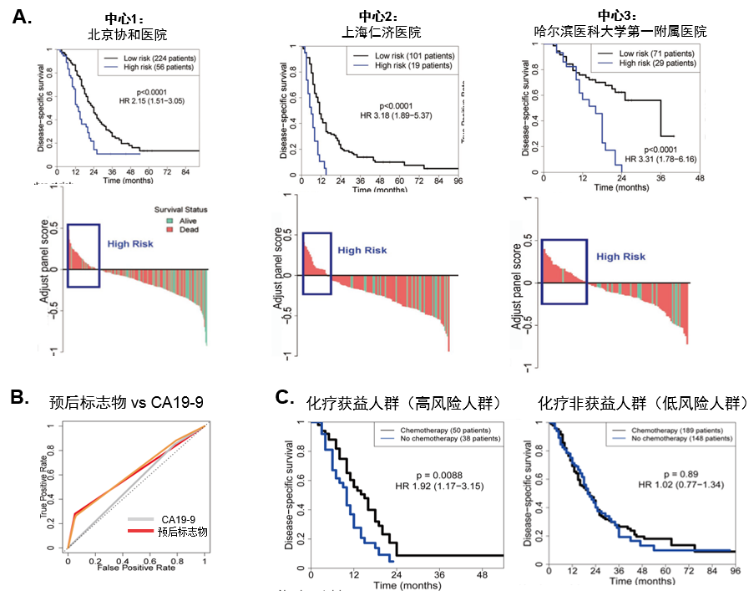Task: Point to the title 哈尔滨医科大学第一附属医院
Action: (620, 32)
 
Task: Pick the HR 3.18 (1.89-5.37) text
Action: (400, 115)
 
